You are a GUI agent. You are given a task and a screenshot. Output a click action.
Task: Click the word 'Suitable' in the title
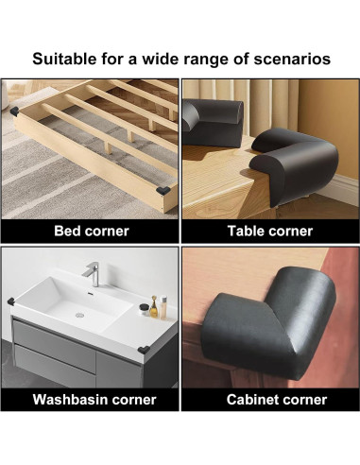[66, 59]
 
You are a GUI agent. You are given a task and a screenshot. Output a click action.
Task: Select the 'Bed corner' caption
[92, 230]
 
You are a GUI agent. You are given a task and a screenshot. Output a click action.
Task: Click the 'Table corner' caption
[270, 230]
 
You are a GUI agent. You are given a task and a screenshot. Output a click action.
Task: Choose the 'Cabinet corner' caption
[270, 399]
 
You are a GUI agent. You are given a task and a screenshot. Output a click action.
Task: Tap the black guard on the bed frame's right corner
[167, 190]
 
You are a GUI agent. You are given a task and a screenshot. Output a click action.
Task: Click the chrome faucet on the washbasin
[94, 272]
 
